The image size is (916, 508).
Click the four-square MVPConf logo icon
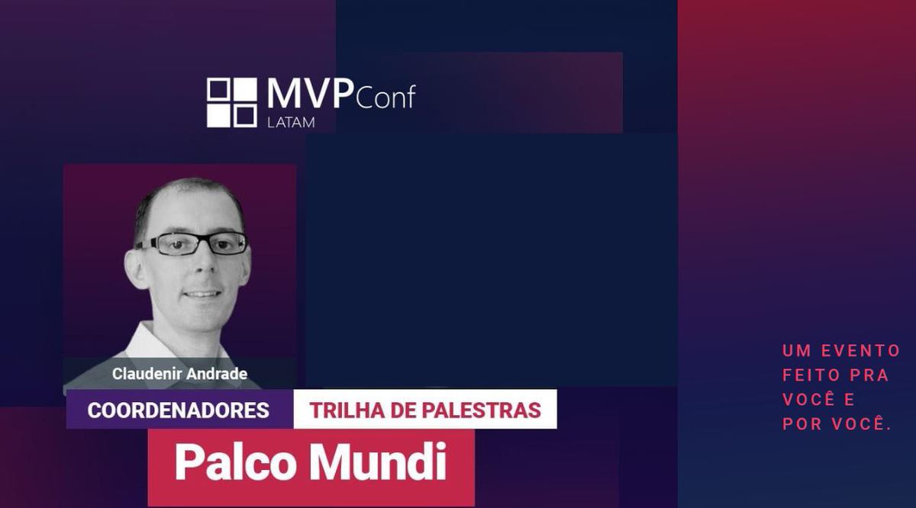click(x=232, y=102)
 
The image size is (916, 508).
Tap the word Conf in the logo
click(x=385, y=98)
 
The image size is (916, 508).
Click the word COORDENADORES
click(x=179, y=410)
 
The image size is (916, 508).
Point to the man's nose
click(x=200, y=263)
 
